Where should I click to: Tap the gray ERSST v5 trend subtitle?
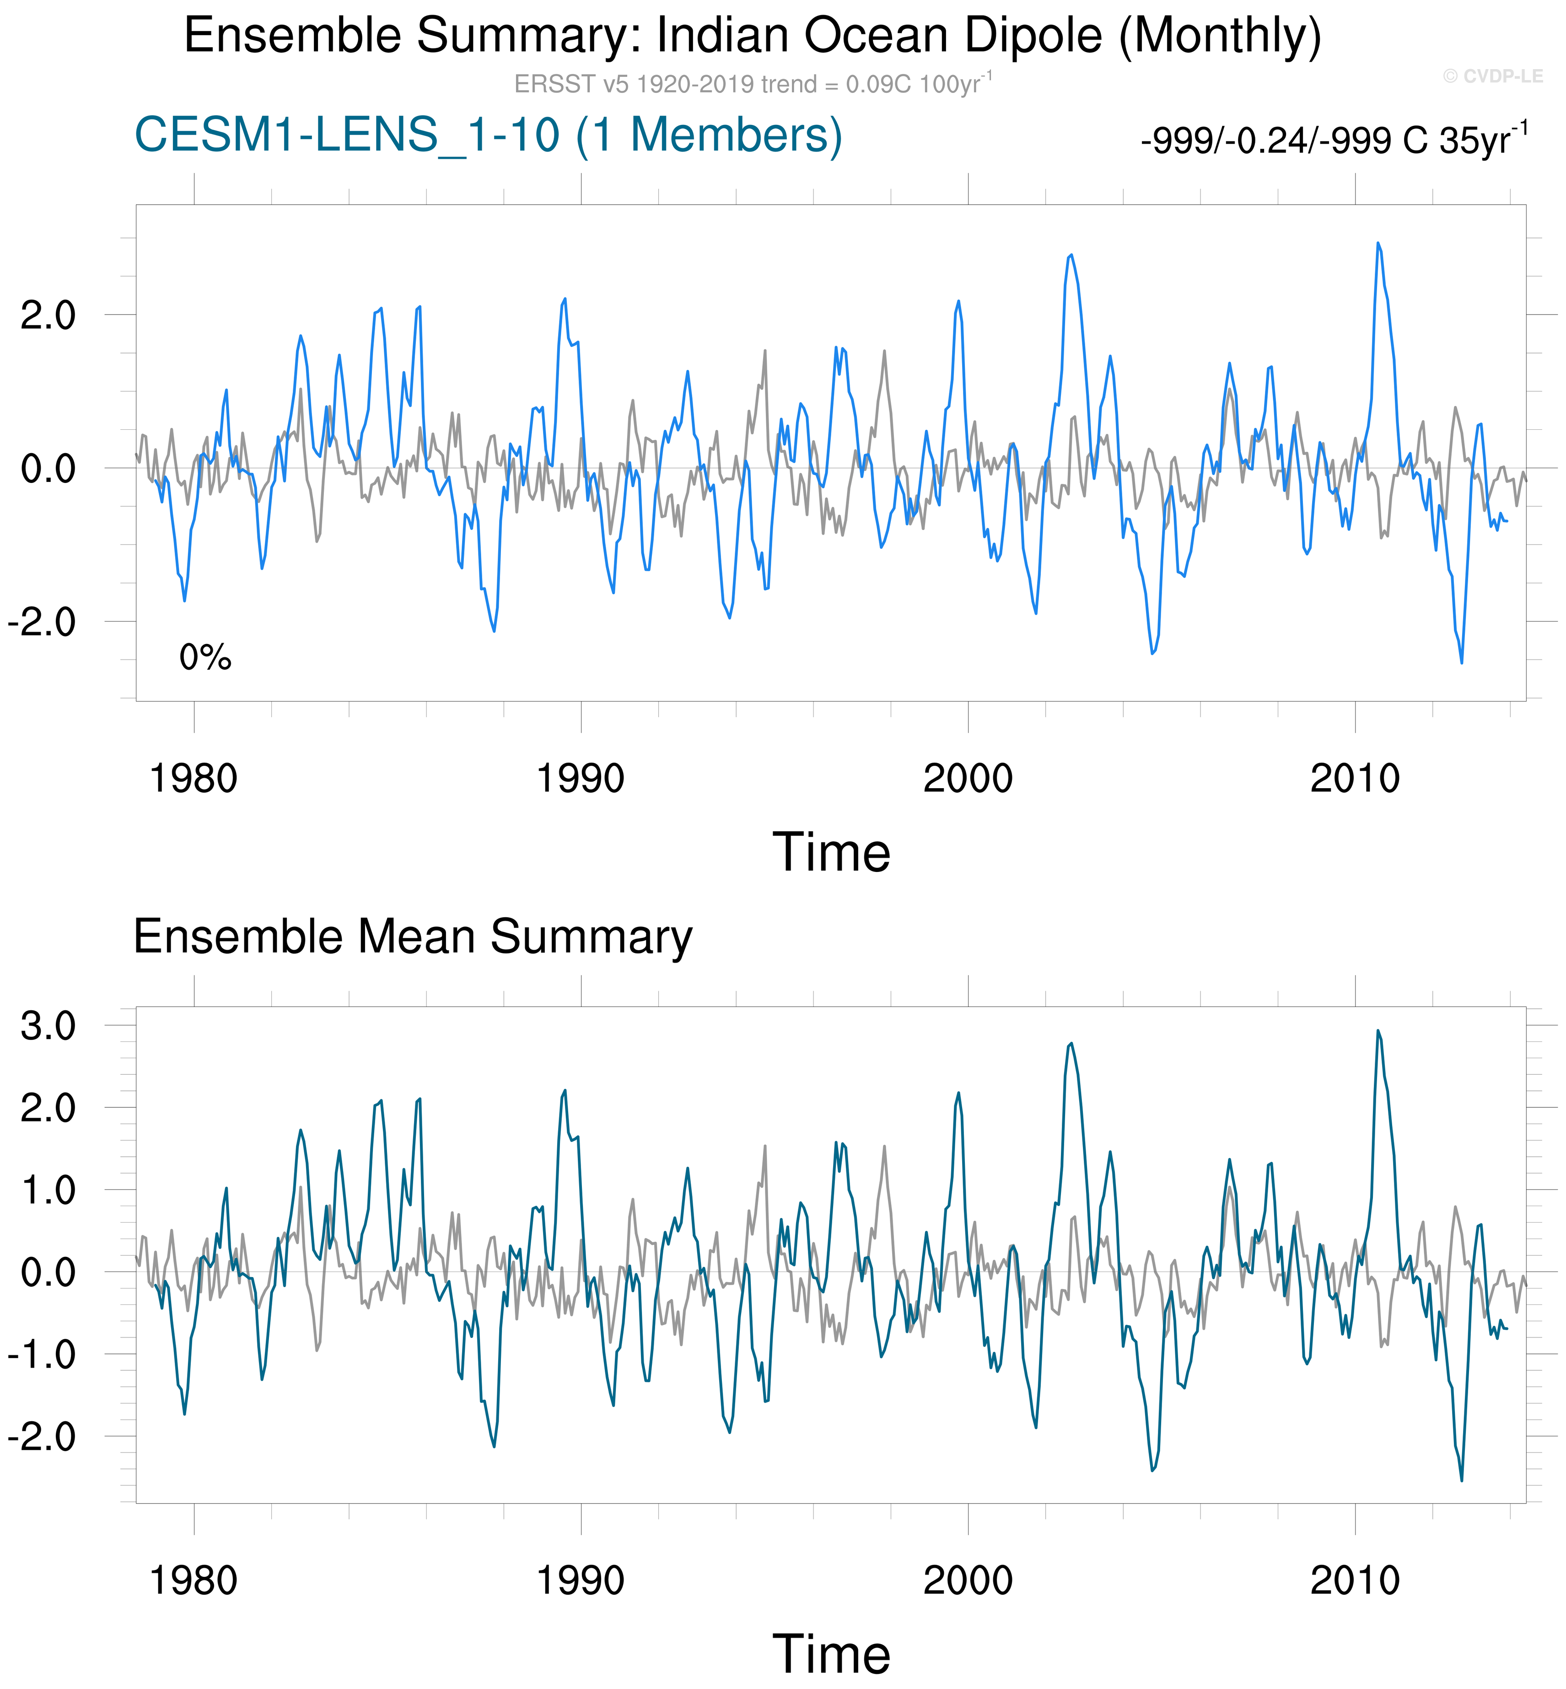point(753,84)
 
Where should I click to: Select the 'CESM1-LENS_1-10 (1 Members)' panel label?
point(488,135)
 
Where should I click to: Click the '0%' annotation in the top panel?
point(205,657)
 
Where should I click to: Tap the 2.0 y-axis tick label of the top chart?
point(48,315)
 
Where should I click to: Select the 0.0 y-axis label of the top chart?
point(48,468)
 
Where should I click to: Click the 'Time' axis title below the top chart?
point(831,852)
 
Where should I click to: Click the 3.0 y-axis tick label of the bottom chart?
point(48,1026)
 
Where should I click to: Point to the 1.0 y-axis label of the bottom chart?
point(48,1191)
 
